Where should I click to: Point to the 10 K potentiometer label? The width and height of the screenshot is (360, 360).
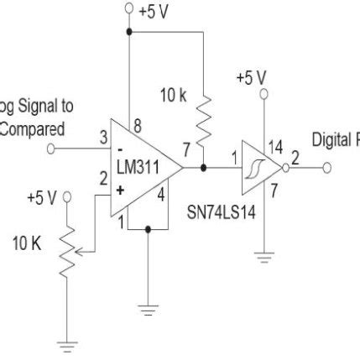[x=26, y=245]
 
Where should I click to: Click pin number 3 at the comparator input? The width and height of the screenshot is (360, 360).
[x=102, y=138]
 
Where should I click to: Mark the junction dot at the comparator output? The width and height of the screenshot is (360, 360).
[x=203, y=167]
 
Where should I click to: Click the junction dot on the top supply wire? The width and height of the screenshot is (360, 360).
[x=128, y=33]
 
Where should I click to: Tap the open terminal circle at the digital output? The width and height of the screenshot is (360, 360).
[x=327, y=167]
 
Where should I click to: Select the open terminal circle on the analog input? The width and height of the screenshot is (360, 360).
[x=52, y=149]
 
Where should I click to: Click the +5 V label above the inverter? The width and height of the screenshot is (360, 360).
[x=251, y=77]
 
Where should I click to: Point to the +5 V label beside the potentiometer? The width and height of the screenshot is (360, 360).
[x=41, y=198]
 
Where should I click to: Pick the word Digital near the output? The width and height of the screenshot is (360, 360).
[x=332, y=139]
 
